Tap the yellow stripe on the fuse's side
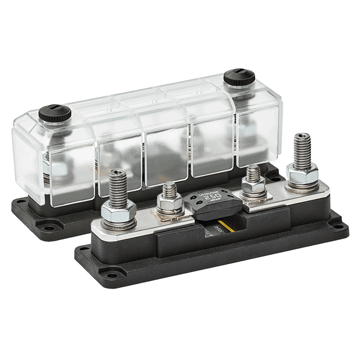229,227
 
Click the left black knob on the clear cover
55,114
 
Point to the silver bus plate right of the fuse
274,191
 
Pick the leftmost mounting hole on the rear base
21,210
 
